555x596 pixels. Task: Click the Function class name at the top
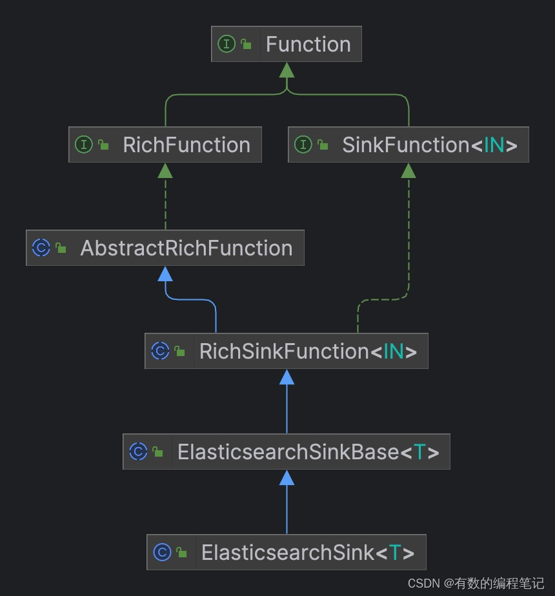(308, 45)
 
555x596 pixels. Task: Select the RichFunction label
(187, 145)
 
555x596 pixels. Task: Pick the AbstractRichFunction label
(186, 248)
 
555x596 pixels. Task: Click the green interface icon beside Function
(227, 45)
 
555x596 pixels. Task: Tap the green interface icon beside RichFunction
(84, 145)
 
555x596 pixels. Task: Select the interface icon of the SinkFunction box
(303, 145)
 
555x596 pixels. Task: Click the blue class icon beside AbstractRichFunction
(41, 248)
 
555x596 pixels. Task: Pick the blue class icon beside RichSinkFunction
(160, 352)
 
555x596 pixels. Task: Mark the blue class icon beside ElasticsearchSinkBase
(138, 452)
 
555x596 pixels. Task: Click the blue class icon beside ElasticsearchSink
(162, 553)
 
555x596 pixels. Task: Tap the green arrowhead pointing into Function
(287, 70)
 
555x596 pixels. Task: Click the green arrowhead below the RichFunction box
(165, 170)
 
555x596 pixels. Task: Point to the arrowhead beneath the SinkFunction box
(409, 170)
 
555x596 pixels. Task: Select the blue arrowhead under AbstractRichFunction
(165, 274)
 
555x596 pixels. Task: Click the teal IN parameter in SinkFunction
(494, 145)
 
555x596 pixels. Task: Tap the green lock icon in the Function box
(246, 45)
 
